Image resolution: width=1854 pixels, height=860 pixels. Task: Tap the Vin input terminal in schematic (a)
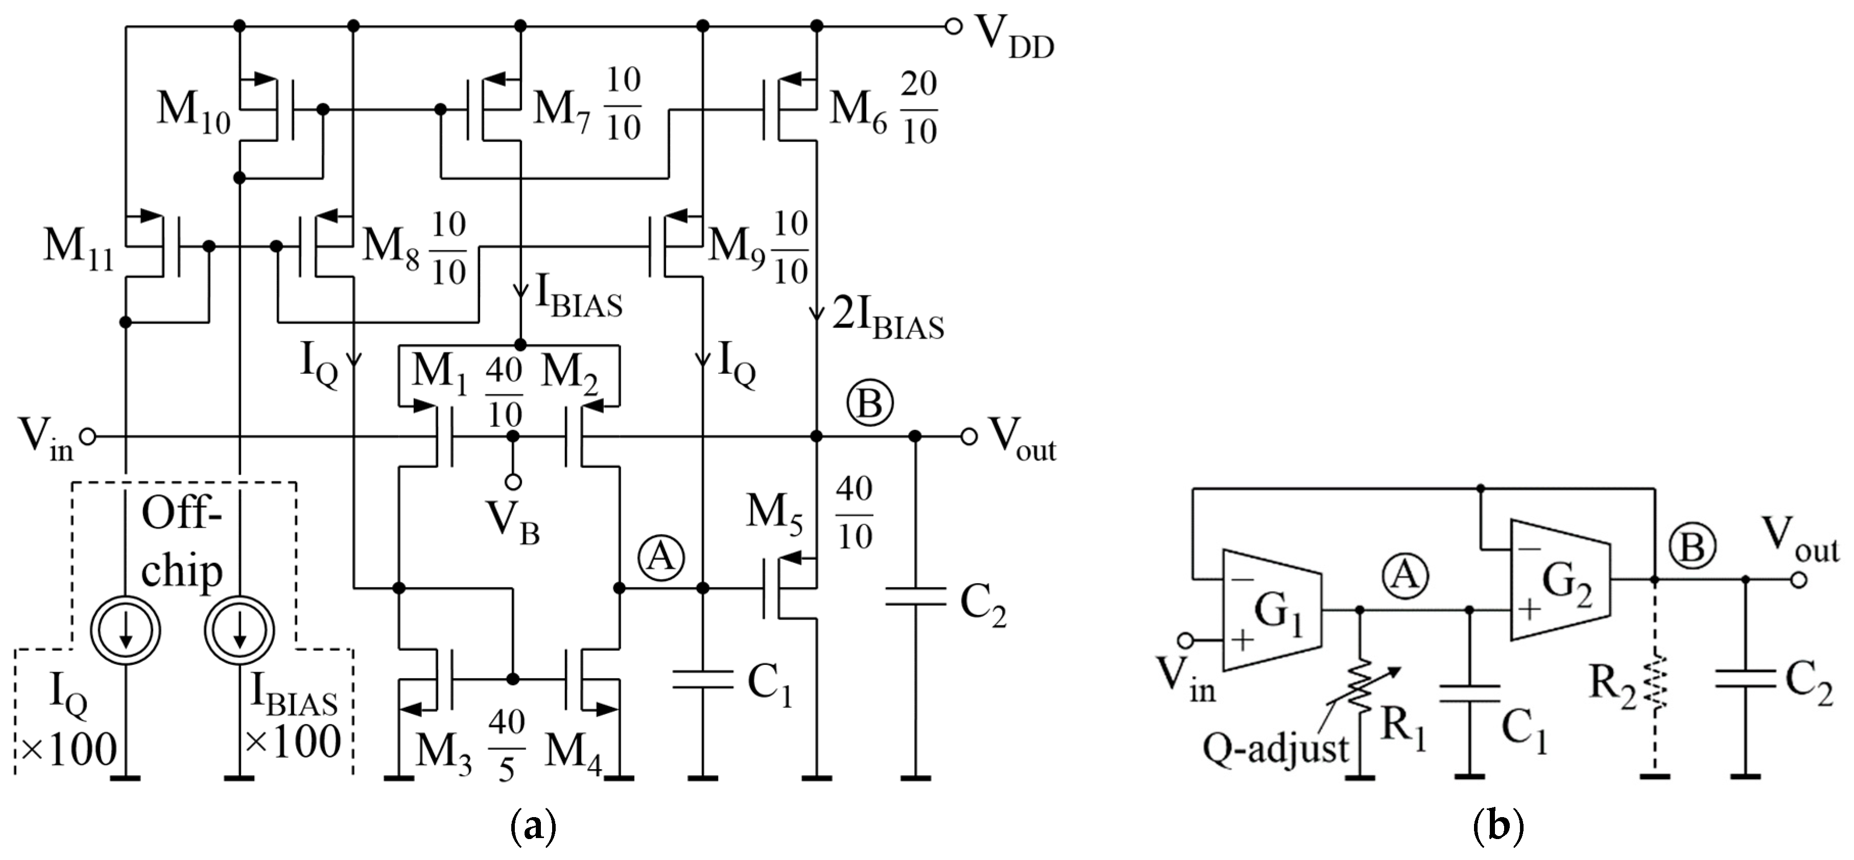pyautogui.click(x=87, y=436)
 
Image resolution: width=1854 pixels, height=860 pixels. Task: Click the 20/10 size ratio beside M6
pyautogui.click(x=918, y=108)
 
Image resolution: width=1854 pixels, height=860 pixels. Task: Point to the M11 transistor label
pyautogui.click(x=78, y=248)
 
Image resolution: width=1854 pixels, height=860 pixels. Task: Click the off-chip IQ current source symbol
pyautogui.click(x=126, y=630)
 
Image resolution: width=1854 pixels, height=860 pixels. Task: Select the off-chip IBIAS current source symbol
pyautogui.click(x=240, y=630)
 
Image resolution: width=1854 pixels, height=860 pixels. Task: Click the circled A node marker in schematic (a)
pyautogui.click(x=661, y=556)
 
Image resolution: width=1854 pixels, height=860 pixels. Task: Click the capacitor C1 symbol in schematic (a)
pyautogui.click(x=702, y=681)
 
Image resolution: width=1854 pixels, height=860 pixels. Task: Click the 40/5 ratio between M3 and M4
pyautogui.click(x=507, y=746)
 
